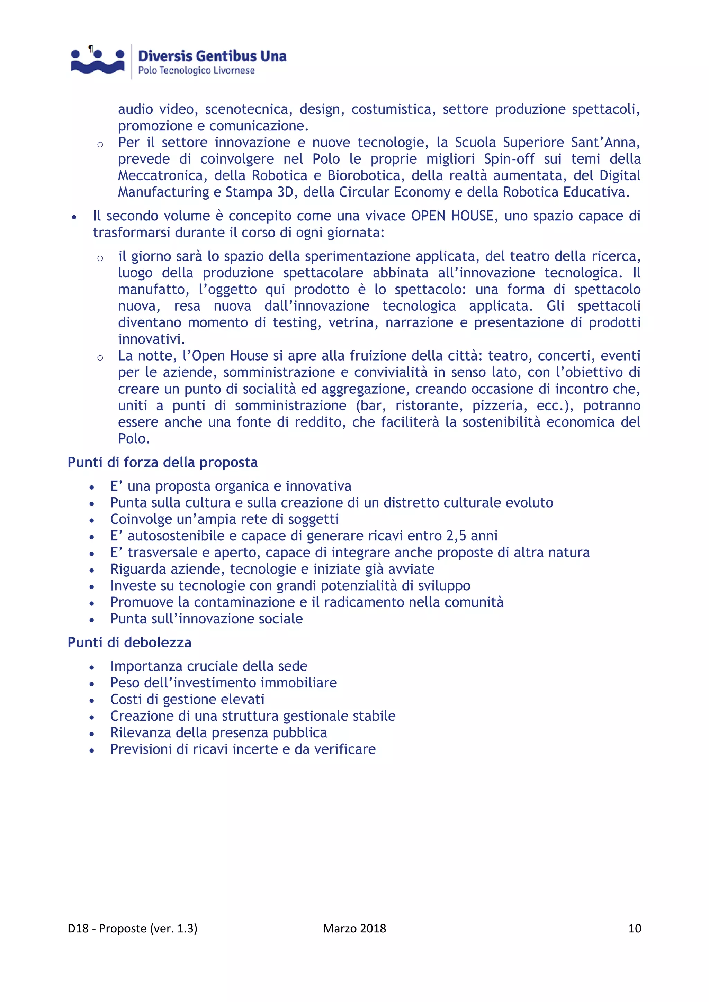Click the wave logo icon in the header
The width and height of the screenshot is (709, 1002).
(98, 62)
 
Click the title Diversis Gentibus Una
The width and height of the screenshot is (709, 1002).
(212, 56)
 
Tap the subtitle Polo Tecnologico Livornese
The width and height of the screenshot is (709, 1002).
(196, 71)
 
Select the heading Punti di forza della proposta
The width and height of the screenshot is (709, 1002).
(162, 462)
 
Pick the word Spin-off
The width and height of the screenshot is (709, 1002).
(509, 159)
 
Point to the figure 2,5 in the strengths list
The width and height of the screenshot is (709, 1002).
(456, 536)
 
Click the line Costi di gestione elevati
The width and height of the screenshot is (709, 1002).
(187, 700)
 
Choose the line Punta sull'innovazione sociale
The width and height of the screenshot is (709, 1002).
(206, 619)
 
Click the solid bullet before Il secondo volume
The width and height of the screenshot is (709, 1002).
(75, 217)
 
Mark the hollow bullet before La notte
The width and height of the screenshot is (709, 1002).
(100, 358)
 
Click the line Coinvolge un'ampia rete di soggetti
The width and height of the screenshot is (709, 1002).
(224, 519)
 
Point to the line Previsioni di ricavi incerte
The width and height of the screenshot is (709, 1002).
(243, 749)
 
